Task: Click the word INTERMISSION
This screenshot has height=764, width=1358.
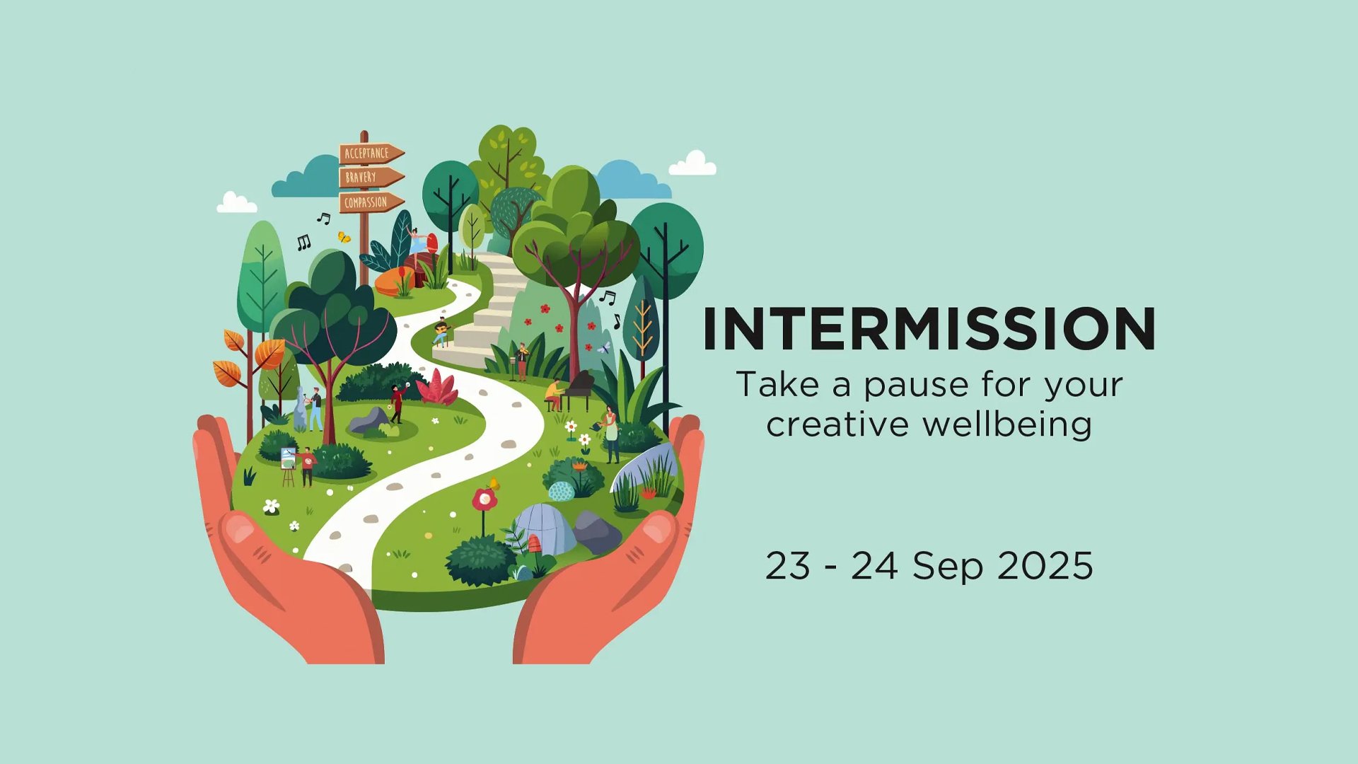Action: click(x=929, y=328)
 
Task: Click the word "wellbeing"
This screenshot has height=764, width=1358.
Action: click(x=1007, y=424)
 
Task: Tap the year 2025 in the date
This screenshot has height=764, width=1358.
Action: click(x=1045, y=566)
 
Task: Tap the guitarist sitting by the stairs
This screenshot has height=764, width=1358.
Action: click(x=441, y=332)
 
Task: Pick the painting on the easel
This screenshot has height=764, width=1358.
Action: click(x=287, y=459)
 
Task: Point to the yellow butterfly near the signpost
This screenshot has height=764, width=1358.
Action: click(x=344, y=237)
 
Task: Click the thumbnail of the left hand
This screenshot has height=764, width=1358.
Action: click(x=238, y=528)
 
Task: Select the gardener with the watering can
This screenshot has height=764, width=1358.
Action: click(x=610, y=433)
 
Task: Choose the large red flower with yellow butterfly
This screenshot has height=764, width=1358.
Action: click(x=485, y=499)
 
